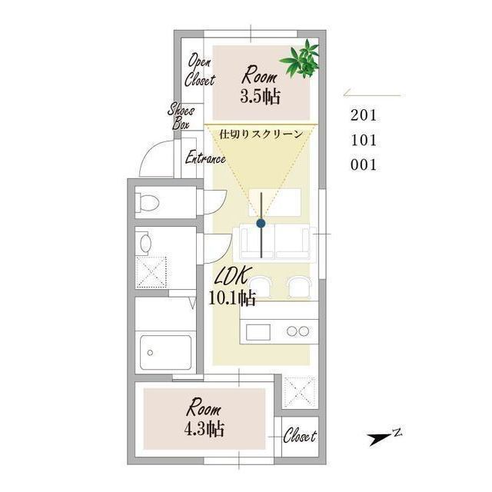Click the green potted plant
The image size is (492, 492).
[301, 60]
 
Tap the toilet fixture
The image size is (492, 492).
[147, 202]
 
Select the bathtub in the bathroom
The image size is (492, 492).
[166, 353]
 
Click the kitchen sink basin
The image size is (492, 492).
[258, 332]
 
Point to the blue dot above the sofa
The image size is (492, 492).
[261, 224]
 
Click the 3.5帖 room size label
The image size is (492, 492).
[260, 96]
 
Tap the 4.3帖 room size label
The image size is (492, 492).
[204, 429]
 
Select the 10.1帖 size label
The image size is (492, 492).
[232, 298]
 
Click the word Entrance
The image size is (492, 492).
[205, 157]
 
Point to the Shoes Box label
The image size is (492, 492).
[181, 116]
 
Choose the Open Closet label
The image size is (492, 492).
[200, 70]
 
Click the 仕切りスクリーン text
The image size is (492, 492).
[261, 135]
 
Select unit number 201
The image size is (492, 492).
[364, 115]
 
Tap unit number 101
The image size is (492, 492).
[364, 140]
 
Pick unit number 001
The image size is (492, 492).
[364, 165]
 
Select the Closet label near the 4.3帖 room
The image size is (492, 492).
[300, 436]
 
